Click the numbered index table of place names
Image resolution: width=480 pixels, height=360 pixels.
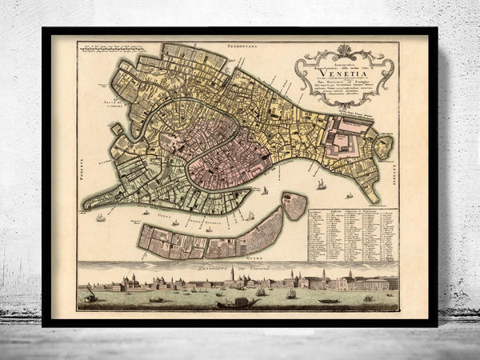pyautogui.click(x=352, y=235)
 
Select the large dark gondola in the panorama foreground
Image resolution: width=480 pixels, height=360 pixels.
pyautogui.click(x=238, y=302)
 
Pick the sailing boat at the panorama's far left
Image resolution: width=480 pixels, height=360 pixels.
pyautogui.click(x=90, y=296)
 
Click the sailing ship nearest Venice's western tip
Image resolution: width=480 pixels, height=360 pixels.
pyautogui.click(x=100, y=217)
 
